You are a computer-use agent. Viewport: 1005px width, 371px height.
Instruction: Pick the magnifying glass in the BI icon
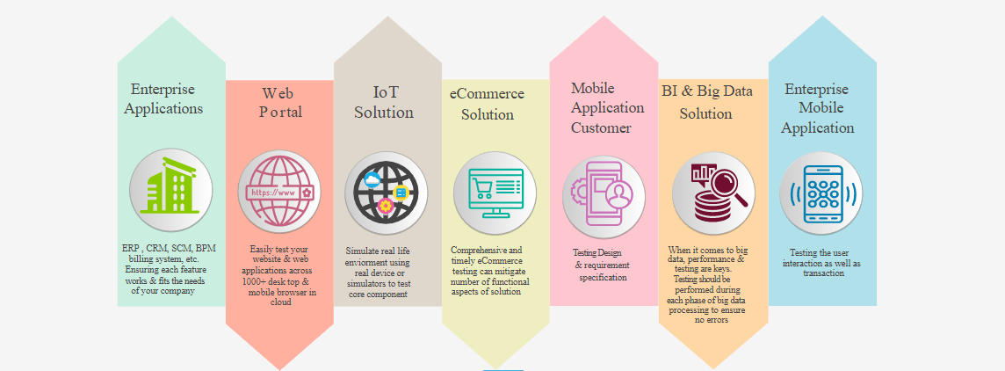[x=727, y=185]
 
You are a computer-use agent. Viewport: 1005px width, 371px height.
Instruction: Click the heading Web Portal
[x=281, y=103]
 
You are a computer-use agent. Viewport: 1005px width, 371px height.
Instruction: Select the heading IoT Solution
[x=385, y=103]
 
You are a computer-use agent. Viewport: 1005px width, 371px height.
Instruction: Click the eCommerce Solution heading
[x=487, y=104]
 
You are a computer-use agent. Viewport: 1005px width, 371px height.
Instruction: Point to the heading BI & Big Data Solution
[x=707, y=102]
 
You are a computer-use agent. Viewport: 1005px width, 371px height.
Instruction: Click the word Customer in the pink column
[x=601, y=127]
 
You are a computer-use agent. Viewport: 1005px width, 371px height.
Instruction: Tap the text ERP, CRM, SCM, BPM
[x=170, y=248]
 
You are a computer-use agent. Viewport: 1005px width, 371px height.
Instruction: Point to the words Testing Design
[x=596, y=253]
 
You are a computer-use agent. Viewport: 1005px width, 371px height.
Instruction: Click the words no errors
[x=712, y=320]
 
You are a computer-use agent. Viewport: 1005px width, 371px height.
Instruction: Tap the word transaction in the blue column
[x=823, y=273]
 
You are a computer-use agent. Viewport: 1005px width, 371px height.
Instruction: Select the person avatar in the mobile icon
[x=620, y=194]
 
